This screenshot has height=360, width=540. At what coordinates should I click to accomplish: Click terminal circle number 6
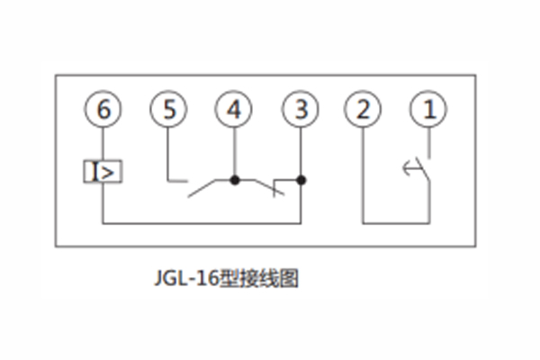coord(103,111)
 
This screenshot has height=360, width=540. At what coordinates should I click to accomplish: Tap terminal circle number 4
coord(234,111)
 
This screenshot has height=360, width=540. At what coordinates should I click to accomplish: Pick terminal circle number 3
coord(301,111)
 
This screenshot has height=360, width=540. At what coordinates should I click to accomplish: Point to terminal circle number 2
coord(363,111)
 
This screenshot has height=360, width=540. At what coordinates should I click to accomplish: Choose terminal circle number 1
coord(428,111)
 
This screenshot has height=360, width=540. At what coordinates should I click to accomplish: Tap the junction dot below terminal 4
coord(234,180)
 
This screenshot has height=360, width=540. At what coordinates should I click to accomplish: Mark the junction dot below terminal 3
coord(301,180)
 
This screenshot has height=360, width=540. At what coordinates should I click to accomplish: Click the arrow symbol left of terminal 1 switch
coord(409,166)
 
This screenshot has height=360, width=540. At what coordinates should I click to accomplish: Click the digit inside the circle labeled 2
coord(363,111)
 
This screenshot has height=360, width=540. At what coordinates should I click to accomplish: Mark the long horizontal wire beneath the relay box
coord(198,220)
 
